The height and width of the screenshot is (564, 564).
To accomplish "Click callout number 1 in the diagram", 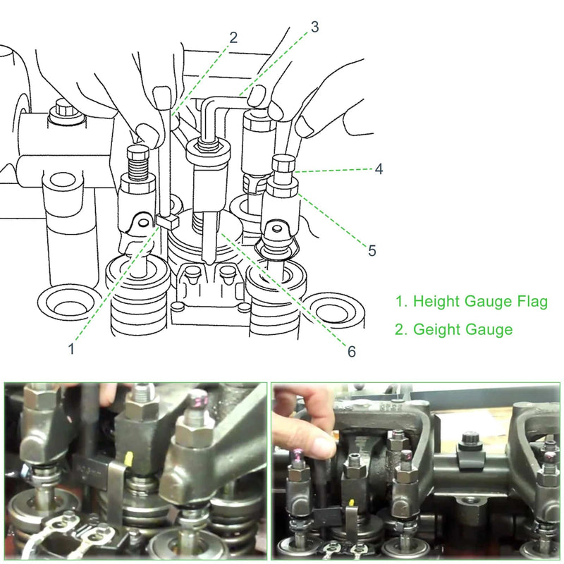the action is (x=71, y=348).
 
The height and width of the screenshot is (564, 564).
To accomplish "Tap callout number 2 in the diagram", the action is (x=233, y=37).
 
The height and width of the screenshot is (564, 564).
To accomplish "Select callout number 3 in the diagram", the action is (x=314, y=27).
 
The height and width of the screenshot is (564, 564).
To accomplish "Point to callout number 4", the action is (x=379, y=169).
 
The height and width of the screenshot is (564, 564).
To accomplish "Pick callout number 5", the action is (x=372, y=251).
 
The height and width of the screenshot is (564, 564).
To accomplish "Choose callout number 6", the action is (x=351, y=351).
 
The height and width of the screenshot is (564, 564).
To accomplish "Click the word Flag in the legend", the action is (x=532, y=302).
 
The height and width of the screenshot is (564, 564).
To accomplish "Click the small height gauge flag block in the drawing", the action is (x=168, y=221).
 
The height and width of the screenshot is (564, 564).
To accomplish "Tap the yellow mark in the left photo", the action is (x=128, y=458).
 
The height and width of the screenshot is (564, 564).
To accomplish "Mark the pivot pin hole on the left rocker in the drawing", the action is (x=143, y=223).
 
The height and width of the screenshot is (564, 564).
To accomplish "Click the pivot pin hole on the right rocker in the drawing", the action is (x=276, y=228).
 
